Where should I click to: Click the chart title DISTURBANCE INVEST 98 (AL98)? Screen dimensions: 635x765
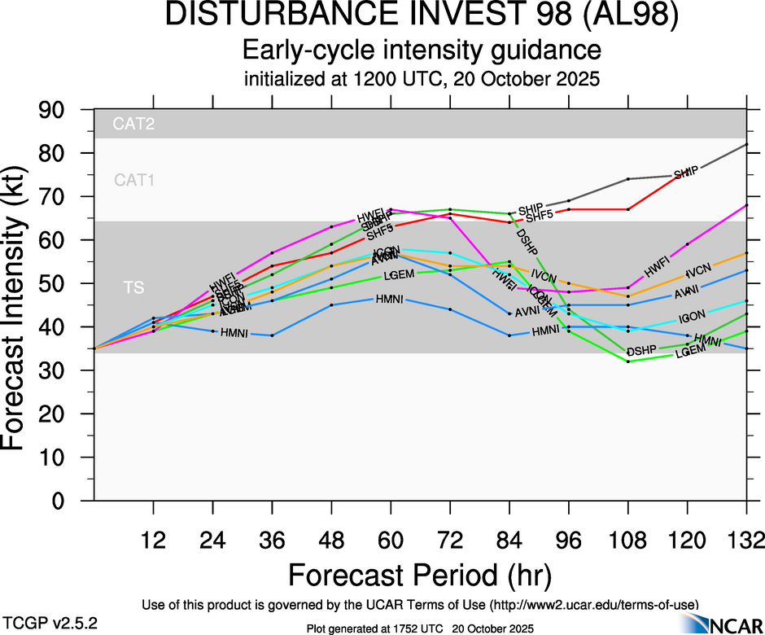[421, 16]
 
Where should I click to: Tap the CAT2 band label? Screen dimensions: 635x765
[133, 125]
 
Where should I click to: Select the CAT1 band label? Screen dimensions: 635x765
[134, 180]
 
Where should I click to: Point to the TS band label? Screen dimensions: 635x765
[134, 287]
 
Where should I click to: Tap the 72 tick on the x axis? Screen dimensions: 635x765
[450, 541]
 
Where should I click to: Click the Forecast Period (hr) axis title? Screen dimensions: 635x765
[421, 575]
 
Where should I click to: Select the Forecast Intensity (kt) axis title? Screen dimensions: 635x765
[22, 305]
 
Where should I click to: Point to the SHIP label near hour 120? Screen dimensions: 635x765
[685, 174]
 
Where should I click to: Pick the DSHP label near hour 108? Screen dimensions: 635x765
[640, 351]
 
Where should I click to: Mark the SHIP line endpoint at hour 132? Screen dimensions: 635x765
[746, 144]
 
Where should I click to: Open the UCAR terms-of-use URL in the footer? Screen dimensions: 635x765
[594, 605]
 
